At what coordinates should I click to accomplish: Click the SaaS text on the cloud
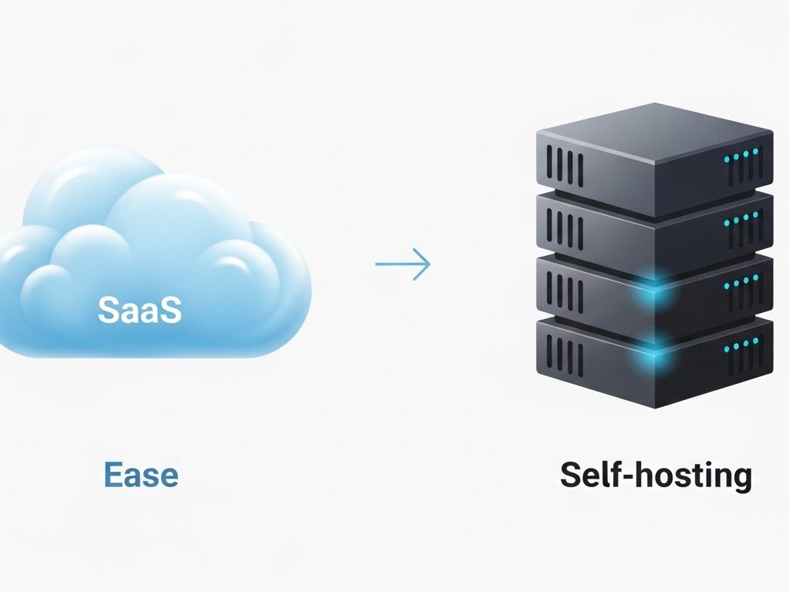pyautogui.click(x=139, y=310)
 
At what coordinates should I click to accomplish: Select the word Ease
pyautogui.click(x=141, y=474)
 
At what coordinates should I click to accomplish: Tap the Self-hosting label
pyautogui.click(x=655, y=475)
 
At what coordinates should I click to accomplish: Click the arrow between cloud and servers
pyautogui.click(x=402, y=264)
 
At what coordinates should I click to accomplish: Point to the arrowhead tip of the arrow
pyautogui.click(x=429, y=264)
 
